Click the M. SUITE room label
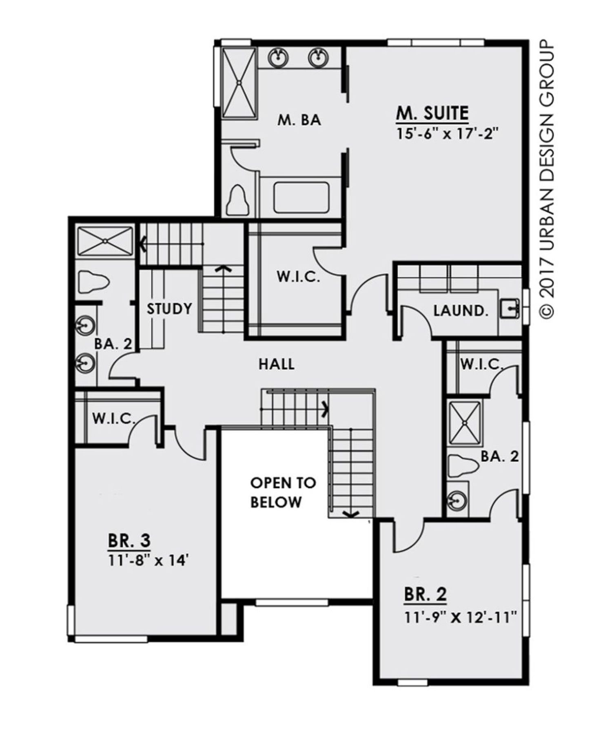pos(432,114)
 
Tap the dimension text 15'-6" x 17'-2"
pos(448,134)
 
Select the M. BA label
pos(299,120)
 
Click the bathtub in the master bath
pos(301,197)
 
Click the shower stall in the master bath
pos(239,83)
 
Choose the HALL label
pos(277,364)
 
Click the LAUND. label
pos(461,311)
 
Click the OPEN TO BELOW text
pos(283,492)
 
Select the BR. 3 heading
pos(129,541)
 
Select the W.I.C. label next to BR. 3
pos(113,419)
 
